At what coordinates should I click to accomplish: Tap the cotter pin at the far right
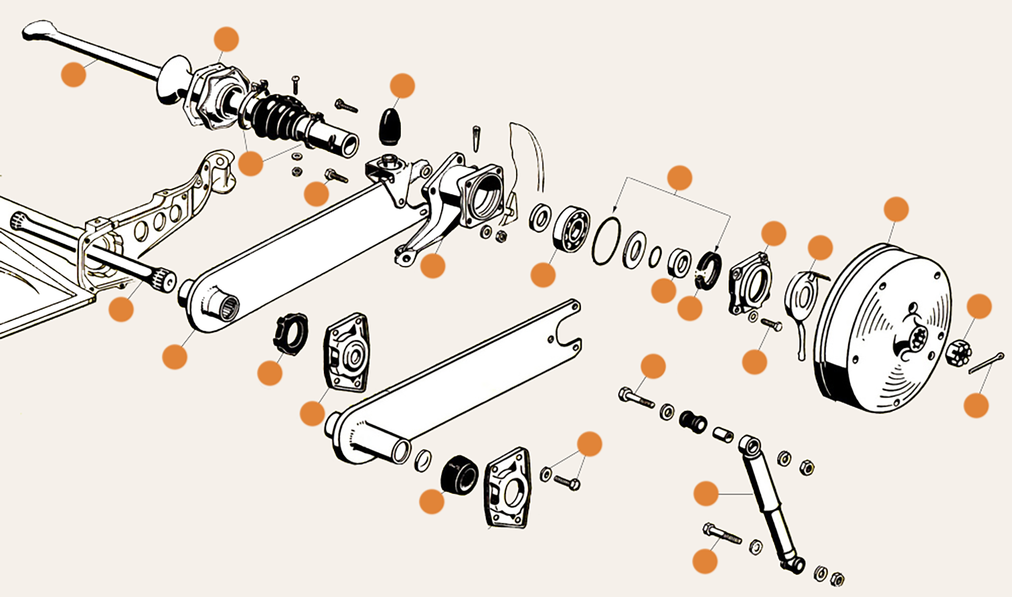(x=986, y=363)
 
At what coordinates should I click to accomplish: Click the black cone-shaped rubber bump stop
(x=390, y=124)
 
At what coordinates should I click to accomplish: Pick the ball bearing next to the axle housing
(x=571, y=229)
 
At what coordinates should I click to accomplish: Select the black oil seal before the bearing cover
(x=708, y=269)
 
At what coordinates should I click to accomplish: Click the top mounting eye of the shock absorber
(x=750, y=445)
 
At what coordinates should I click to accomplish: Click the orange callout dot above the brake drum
(x=896, y=210)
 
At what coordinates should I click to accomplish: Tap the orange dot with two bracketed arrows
(x=679, y=178)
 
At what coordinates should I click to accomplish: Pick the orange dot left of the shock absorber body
(x=706, y=494)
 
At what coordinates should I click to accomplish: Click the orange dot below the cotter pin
(x=976, y=405)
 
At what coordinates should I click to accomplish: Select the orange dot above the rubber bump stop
(x=403, y=86)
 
